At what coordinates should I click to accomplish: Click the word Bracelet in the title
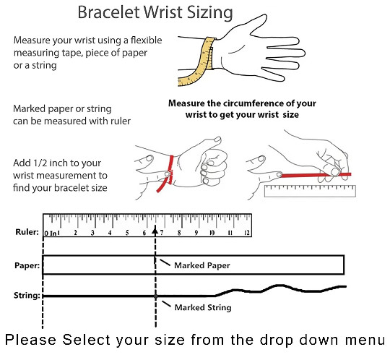109,12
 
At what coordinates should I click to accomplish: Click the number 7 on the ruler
162,233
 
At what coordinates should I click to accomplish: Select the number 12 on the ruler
247,233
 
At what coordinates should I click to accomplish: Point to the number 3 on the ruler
92,233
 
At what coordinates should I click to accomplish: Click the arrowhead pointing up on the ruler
155,231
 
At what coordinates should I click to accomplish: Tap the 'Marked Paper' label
202,265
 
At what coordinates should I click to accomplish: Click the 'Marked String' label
203,307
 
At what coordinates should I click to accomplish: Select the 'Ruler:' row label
27,232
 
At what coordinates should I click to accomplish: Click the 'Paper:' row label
27,265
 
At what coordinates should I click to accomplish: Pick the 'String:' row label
27,296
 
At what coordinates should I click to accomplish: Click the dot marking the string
155,296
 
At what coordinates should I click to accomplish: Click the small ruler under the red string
310,191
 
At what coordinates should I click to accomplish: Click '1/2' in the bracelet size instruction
41,163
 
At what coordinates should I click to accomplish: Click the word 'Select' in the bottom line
86,340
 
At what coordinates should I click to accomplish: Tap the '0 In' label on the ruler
51,233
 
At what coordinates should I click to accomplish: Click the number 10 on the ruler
212,233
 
